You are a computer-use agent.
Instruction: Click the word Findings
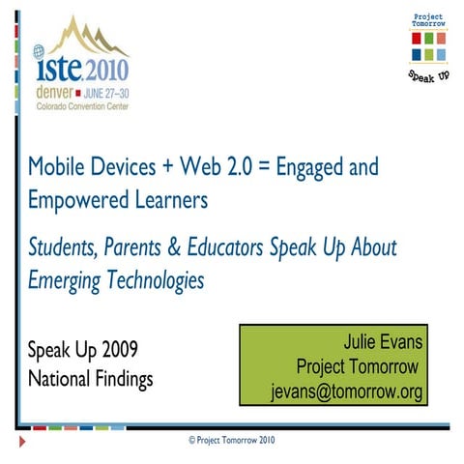tap(117, 379)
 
